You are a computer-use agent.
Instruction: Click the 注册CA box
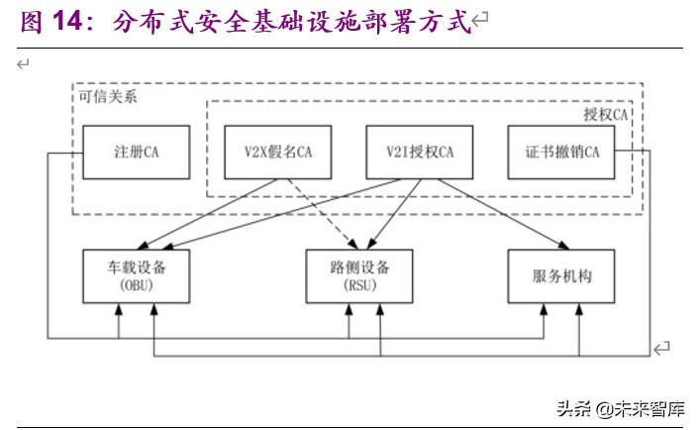(136, 153)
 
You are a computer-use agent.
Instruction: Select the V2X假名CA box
(278, 153)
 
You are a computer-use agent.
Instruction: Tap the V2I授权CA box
(420, 153)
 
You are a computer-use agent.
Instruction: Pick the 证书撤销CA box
(561, 153)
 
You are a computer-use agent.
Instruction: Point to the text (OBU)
(136, 286)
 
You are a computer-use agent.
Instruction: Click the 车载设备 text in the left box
(136, 268)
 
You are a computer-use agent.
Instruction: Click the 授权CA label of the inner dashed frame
(605, 115)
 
